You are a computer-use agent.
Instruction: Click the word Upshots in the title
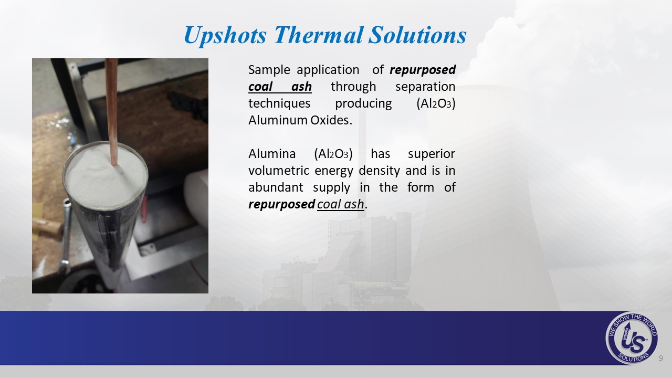click(225, 35)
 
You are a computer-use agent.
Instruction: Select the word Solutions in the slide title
click(417, 35)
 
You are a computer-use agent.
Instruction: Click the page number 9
click(660, 358)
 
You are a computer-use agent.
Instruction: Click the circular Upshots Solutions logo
click(632, 338)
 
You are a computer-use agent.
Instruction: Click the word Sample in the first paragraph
click(269, 70)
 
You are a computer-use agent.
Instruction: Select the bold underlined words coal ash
click(280, 87)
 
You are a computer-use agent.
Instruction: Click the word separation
click(425, 87)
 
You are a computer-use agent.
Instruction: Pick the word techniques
click(279, 104)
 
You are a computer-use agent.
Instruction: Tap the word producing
click(363, 104)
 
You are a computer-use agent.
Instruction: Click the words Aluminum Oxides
click(300, 120)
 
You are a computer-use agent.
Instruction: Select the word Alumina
click(272, 154)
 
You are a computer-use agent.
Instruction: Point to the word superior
click(432, 154)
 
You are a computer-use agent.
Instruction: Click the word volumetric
click(279, 171)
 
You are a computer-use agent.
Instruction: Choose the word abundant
click(276, 187)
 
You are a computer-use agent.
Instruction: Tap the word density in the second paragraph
click(380, 171)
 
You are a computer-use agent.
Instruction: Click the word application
click(328, 70)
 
